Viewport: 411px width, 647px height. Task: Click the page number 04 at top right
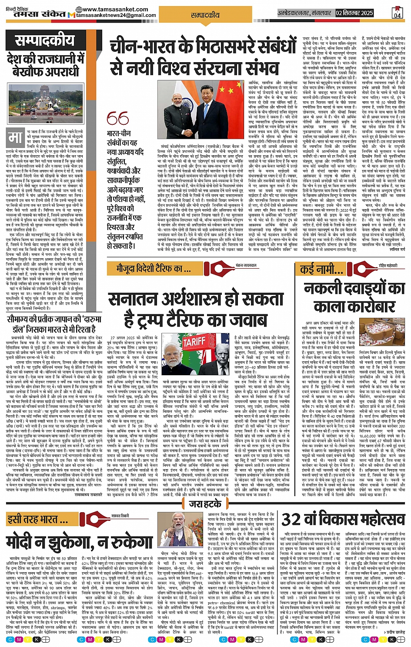(397, 13)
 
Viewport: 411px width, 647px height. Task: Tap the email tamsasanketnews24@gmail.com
(116, 15)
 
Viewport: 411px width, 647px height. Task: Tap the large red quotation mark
(117, 119)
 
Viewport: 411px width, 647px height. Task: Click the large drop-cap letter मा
(16, 138)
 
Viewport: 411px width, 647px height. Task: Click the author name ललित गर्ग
(397, 250)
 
